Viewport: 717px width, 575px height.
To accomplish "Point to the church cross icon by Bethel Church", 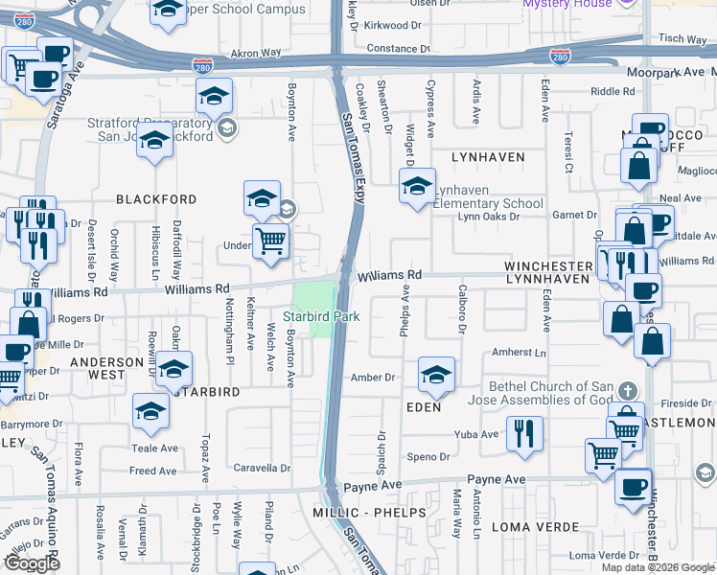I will point(627,390).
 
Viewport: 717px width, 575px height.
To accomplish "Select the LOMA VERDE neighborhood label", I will point(535,527).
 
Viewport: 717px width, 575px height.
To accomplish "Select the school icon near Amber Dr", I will point(435,376).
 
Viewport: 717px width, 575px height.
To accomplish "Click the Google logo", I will point(32,563).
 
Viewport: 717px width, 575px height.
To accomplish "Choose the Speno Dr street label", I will point(427,457).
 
